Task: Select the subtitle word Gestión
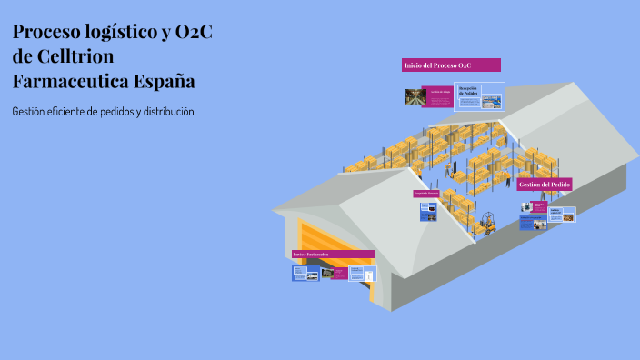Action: [31, 111]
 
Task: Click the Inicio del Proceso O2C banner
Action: [451, 65]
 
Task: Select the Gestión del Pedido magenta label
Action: [545, 185]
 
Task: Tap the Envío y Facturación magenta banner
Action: [333, 254]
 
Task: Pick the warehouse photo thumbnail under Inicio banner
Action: [416, 95]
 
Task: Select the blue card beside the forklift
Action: [429, 212]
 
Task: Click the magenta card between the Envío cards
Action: [339, 273]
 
